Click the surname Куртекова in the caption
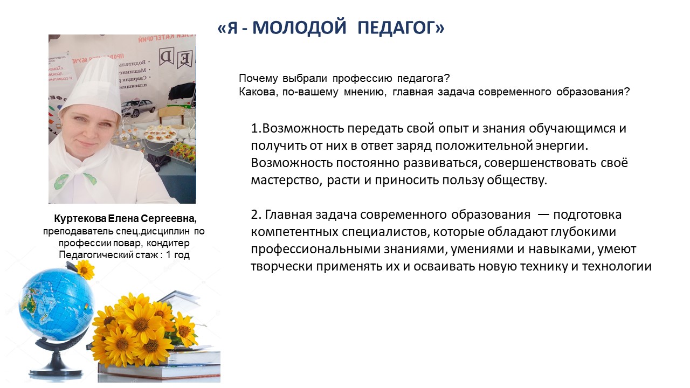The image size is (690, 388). tap(80, 219)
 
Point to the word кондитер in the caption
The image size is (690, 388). tap(168, 243)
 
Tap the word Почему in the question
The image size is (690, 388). tap(258, 79)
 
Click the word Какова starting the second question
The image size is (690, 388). tap(257, 92)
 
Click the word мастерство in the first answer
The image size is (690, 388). tap(286, 180)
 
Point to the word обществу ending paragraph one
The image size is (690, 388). tap(517, 180)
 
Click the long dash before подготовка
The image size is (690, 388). tap(543, 215)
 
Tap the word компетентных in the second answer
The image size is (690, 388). tap(294, 232)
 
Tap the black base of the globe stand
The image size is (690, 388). tap(56, 372)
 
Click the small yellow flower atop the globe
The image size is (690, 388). tap(84, 269)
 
